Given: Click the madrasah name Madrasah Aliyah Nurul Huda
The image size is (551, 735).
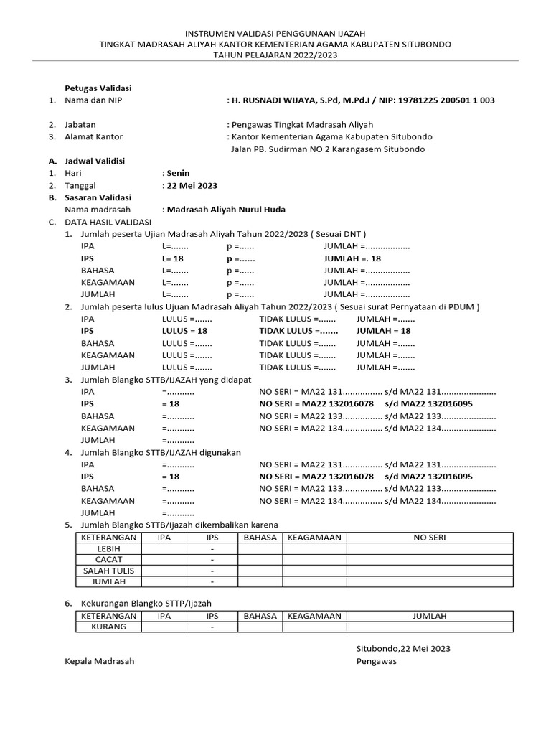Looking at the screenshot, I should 225,210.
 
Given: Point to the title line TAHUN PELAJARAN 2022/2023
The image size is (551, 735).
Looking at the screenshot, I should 275,55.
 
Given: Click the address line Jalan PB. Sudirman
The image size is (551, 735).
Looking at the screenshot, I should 328,149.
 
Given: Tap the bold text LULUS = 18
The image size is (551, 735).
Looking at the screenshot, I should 185,331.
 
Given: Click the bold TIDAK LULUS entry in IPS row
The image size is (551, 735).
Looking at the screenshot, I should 298,331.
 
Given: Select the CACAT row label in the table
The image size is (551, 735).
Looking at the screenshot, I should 108,559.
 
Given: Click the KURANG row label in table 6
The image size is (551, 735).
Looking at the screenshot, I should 108,627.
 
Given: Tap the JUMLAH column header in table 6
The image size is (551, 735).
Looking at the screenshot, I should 429,616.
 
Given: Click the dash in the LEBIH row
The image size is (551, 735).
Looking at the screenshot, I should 212,548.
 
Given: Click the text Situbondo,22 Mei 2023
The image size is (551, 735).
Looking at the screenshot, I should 403,649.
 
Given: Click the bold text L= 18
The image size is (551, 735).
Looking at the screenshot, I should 173,258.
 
